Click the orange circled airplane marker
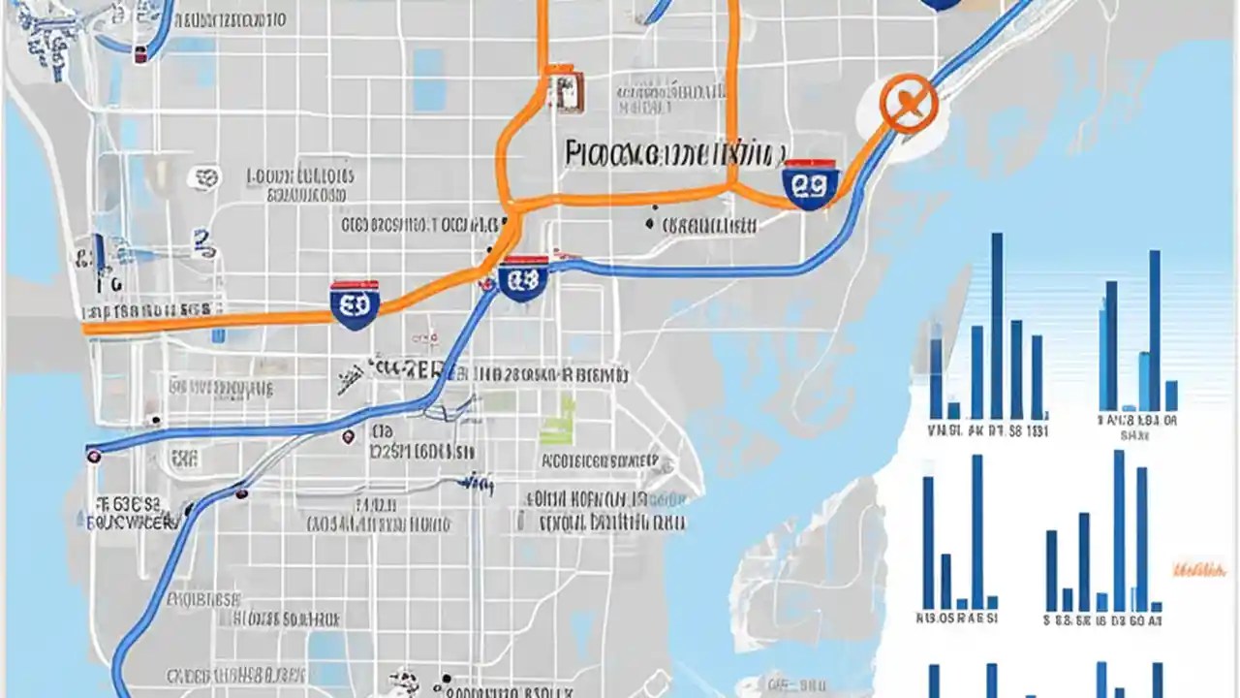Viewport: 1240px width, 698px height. [909, 104]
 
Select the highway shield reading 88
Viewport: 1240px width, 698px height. [523, 280]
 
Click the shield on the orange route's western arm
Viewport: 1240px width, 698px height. [354, 304]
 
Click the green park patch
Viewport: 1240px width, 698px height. [559, 421]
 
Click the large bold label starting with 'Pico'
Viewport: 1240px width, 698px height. [672, 152]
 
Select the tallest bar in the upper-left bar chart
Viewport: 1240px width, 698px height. [996, 325]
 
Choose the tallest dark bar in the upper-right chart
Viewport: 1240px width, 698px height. [1154, 330]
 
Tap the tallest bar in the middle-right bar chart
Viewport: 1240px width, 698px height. [1119, 529]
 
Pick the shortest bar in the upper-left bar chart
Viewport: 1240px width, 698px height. [953, 410]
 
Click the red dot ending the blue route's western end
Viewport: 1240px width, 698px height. [93, 455]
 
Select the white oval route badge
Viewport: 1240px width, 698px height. [204, 177]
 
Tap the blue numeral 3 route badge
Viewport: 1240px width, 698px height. [201, 240]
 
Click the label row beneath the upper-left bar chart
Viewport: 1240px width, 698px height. [988, 429]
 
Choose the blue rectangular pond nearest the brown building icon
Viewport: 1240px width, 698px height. [429, 79]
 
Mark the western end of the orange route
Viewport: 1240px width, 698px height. [87, 329]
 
